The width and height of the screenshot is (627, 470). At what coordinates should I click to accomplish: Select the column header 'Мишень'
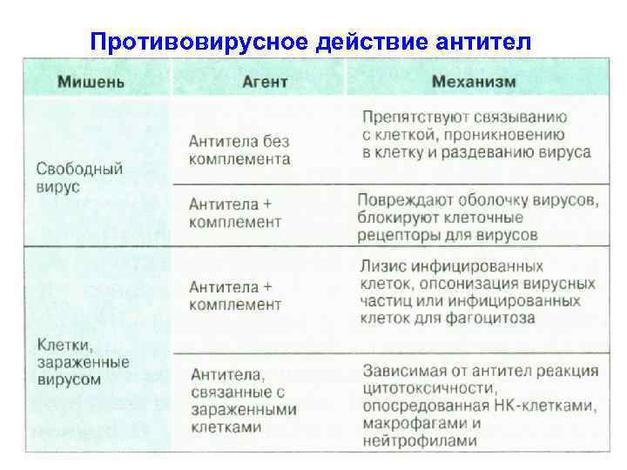91,82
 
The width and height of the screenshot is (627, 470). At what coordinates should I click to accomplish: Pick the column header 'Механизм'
474,82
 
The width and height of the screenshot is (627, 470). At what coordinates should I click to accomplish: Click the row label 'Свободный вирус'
79,178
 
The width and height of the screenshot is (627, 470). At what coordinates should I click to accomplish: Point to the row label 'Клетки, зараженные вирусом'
83,361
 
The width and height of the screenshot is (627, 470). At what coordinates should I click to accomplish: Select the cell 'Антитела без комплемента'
239,151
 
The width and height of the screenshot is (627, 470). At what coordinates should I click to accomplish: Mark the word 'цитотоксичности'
430,388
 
